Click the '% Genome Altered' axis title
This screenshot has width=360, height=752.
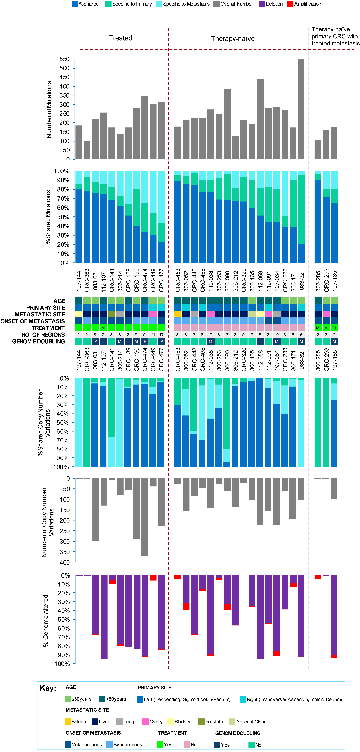(46, 621)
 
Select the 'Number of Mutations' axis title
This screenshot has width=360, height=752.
(49, 109)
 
